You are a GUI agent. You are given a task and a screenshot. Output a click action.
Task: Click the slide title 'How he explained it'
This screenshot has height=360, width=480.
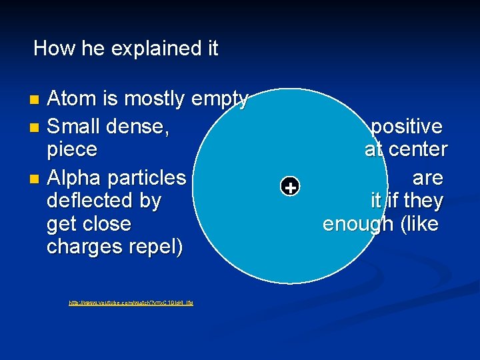pos(125,49)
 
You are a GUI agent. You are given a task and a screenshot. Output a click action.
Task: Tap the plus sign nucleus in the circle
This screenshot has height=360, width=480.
pos(290,188)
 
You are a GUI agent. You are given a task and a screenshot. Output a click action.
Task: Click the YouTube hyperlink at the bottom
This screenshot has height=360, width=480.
pos(131,303)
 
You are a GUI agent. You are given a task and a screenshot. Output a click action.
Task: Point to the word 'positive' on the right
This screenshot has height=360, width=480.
pos(407,126)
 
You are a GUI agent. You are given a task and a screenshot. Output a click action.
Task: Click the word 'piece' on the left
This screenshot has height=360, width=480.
pos(72,150)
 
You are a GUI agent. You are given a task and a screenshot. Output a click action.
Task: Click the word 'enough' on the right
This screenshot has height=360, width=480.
pos(358,225)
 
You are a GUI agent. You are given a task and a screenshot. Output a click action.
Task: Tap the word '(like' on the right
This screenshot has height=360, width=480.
pos(419,224)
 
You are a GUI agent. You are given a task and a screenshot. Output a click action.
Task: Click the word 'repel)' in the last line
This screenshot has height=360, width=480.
pos(158,247)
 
